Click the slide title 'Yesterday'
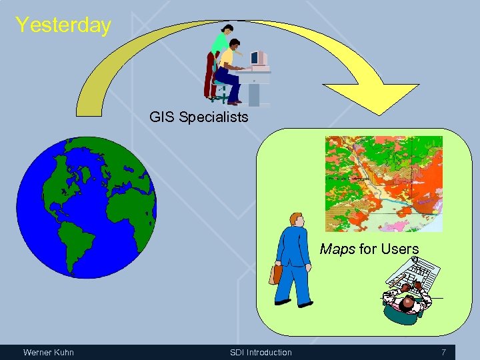(63, 25)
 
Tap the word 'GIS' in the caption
(161, 117)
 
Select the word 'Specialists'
(212, 118)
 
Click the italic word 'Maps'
(338, 249)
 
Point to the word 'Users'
(399, 249)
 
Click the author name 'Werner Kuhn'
(49, 352)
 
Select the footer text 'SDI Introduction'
(261, 352)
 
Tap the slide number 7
(443, 352)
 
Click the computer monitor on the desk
(259, 58)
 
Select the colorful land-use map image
(383, 183)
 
